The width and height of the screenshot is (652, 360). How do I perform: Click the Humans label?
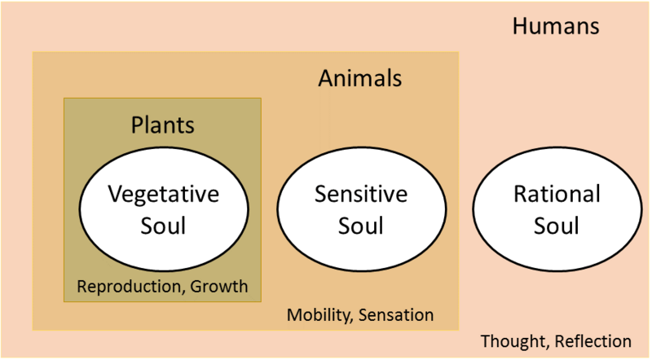click(556, 26)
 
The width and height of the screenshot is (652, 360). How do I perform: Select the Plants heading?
click(163, 125)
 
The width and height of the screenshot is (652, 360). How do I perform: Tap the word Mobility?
click(317, 314)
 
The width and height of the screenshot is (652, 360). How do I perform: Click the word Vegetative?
click(163, 195)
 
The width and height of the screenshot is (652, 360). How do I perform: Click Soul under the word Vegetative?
click(163, 225)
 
